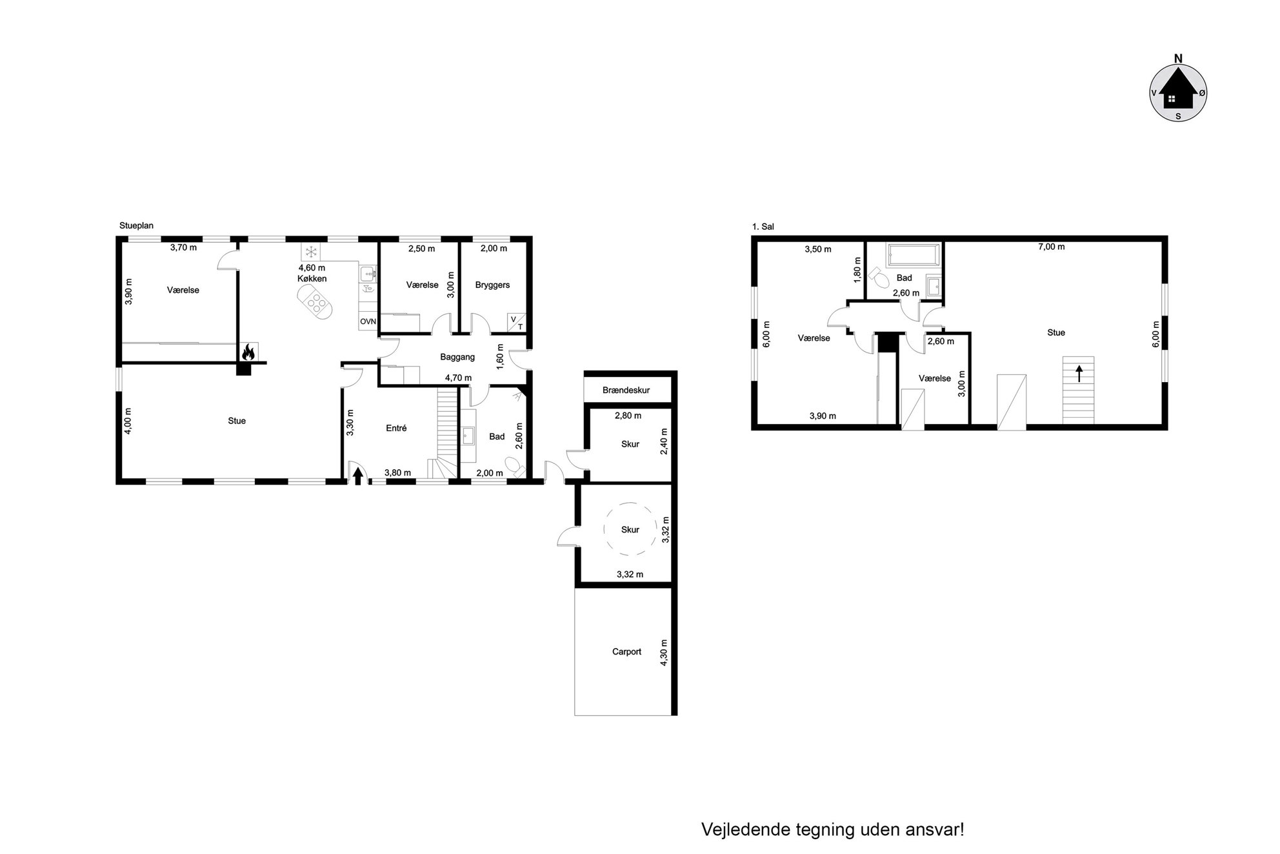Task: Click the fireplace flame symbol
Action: coord(248,352)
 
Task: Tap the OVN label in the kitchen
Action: coord(368,321)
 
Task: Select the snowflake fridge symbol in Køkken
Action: coord(311,251)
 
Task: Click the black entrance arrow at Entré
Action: coord(358,476)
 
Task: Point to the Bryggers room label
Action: coord(492,285)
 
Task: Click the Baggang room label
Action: coord(457,357)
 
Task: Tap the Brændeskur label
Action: coord(626,390)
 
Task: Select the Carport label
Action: coord(626,651)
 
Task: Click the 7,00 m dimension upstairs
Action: coord(1052,247)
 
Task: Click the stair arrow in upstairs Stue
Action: coord(1079,373)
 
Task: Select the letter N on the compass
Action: coord(1178,59)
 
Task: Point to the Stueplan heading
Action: coord(136,226)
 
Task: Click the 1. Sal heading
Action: coord(763,227)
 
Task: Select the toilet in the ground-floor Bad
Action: coord(514,466)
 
